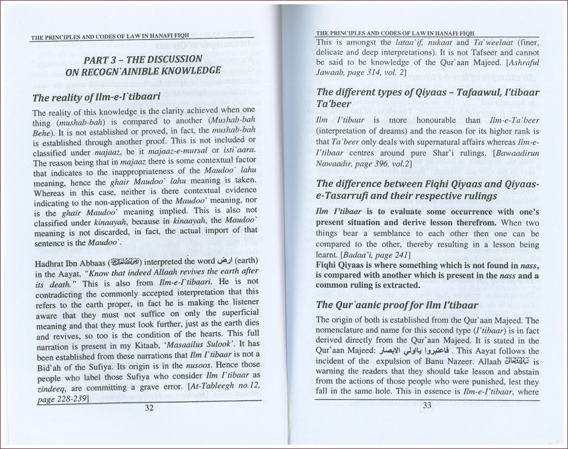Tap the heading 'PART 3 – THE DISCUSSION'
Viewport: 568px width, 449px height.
[141, 60]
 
